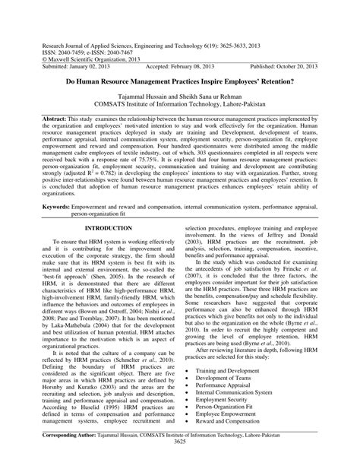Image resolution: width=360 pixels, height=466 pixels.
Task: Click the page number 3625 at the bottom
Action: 180,461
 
